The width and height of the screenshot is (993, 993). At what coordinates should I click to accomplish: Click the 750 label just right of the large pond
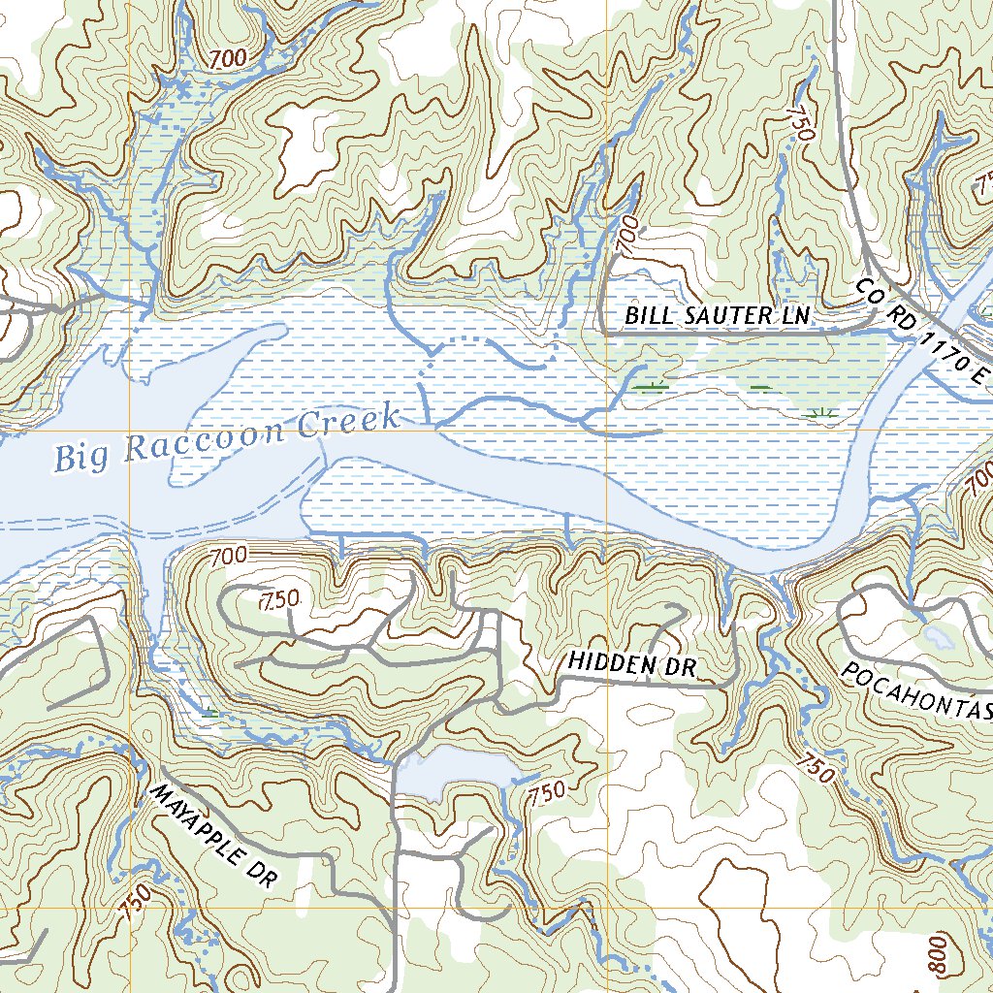pos(547,792)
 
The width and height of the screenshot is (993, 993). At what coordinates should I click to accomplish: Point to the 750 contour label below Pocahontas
pos(814,767)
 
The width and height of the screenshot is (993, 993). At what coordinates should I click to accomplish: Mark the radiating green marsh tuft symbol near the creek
pos(821,415)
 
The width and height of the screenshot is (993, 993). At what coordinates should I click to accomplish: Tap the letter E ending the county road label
pos(980,376)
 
